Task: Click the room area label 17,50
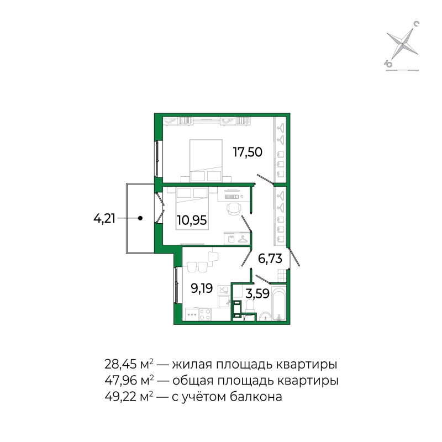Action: pos(248,152)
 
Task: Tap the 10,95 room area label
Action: pos(192,220)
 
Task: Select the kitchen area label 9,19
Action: pos(202,288)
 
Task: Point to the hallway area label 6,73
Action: pos(270,259)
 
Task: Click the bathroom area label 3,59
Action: pos(257,293)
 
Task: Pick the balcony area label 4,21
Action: pos(104,218)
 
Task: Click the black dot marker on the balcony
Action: pos(140,218)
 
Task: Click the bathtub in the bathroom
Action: pos(279,303)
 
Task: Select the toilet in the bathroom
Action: pos(250,306)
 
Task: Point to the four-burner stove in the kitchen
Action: pos(205,314)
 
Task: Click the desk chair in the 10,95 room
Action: pos(234,209)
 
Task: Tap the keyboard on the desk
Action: pos(231,197)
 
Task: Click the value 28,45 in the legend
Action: pos(119,364)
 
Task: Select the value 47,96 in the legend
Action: pos(119,381)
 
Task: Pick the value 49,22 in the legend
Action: pos(119,397)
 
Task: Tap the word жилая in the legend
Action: pos(192,365)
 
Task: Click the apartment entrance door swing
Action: pos(294,256)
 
